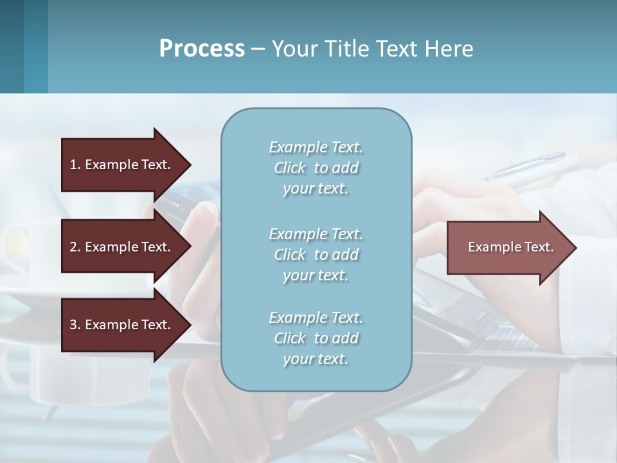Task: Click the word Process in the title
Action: point(202,49)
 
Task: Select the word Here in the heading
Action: point(449,49)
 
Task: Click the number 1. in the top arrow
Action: point(75,165)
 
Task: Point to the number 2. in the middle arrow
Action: point(75,247)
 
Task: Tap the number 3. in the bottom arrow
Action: point(75,325)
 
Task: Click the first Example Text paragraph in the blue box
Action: point(316,168)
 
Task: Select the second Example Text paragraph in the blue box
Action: point(316,255)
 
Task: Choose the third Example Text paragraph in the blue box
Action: point(316,338)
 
